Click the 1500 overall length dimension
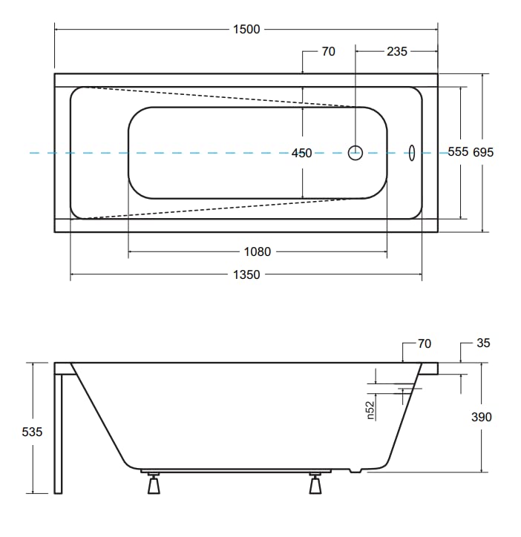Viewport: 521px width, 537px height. tap(246, 30)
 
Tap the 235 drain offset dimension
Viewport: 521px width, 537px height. tap(397, 52)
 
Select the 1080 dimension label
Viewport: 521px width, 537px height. tap(258, 252)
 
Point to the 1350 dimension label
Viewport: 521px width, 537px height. tap(246, 274)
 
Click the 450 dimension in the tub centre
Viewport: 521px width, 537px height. tap(301, 153)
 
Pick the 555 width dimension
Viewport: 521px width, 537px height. tap(458, 152)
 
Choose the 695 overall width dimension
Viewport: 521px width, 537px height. tap(483, 152)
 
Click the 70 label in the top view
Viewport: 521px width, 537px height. tap(328, 52)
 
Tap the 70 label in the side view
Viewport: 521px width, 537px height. tap(425, 343)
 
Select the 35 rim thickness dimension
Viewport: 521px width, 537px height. tap(483, 343)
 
